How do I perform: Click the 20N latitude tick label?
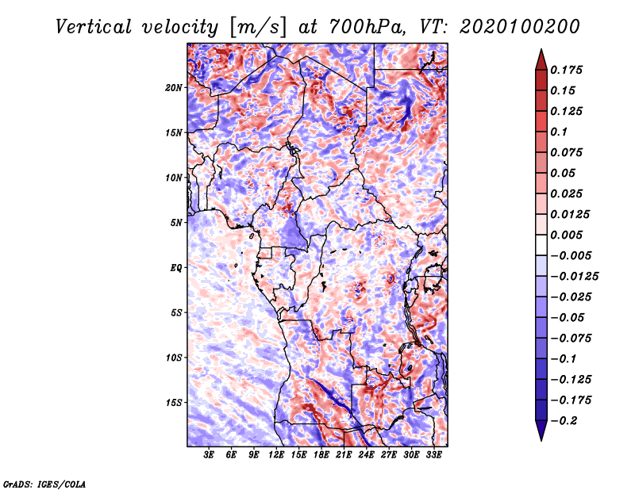173,87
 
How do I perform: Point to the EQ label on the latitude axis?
176,268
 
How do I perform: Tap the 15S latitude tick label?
174,403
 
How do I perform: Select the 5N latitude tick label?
176,223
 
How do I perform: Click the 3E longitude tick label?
209,455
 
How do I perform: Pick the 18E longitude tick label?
321,455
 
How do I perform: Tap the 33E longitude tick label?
433,455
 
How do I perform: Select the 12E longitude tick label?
276,455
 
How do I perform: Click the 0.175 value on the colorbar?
566,70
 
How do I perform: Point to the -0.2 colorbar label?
564,421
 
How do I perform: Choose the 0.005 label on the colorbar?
566,235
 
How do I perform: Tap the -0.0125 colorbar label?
574,277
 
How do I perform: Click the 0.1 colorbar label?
559,132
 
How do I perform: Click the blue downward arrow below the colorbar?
541,430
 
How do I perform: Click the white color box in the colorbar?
541,245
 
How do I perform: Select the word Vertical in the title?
94,27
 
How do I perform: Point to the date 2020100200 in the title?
520,27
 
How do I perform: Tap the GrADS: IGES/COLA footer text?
44,484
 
